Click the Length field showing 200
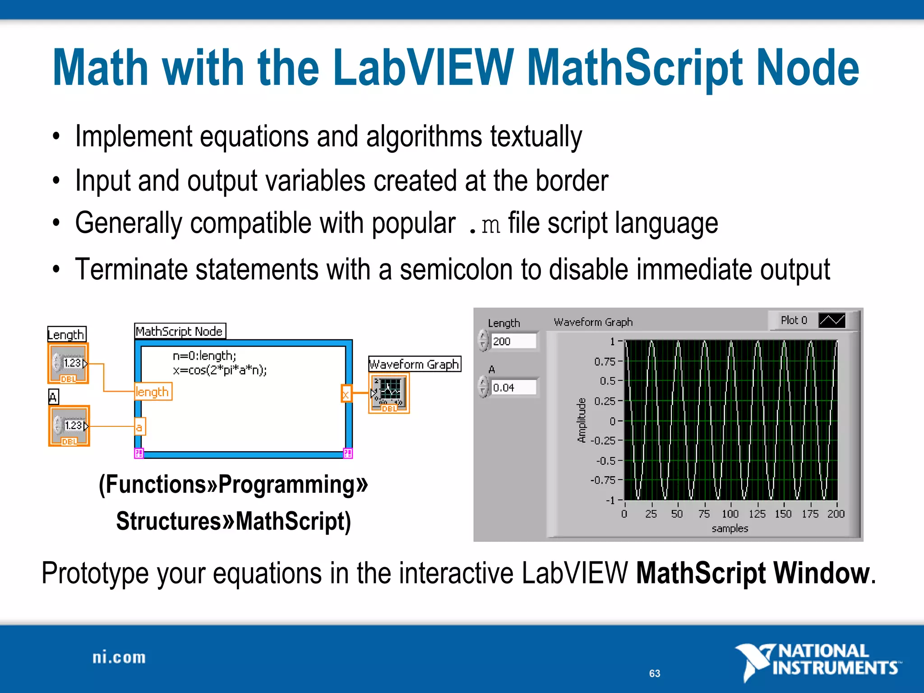(x=513, y=341)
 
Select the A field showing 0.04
(x=513, y=388)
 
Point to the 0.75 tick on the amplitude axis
(x=605, y=361)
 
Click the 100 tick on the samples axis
(x=730, y=514)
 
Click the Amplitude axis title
(x=582, y=420)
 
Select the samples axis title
(x=730, y=528)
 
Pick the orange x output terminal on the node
(x=346, y=393)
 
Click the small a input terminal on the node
(x=139, y=427)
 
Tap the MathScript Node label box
(x=180, y=331)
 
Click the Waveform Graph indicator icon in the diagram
(x=389, y=393)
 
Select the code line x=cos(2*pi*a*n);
(x=220, y=370)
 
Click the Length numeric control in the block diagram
(x=69, y=364)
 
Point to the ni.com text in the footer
(x=119, y=658)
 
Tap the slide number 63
(x=655, y=674)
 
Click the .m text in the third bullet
(x=485, y=224)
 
